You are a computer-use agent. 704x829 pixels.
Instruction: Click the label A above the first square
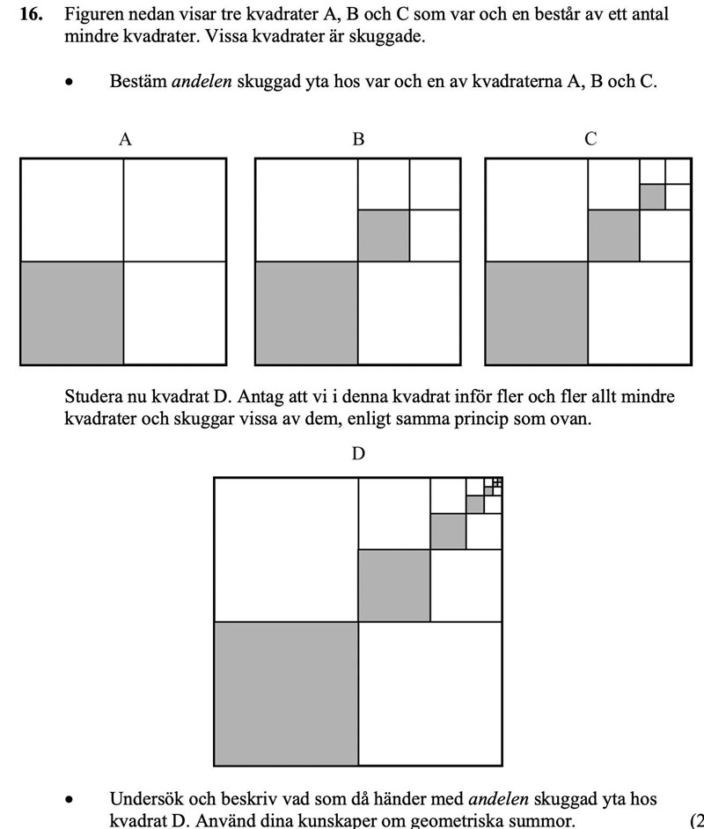(125, 139)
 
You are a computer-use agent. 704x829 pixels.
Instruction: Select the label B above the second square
(358, 139)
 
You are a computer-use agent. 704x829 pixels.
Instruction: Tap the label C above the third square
(590, 139)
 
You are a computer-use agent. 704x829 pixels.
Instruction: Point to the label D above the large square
(358, 454)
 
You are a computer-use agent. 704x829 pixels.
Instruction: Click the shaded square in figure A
(72, 312)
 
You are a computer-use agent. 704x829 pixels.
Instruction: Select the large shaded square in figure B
(306, 312)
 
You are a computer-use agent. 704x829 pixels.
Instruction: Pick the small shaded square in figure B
(384, 236)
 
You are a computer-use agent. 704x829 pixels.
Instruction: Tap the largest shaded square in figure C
(538, 312)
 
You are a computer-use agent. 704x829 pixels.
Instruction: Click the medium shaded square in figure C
(614, 236)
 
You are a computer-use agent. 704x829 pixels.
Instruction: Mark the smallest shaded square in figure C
(652, 196)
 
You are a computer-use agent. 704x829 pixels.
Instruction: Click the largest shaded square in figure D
(287, 693)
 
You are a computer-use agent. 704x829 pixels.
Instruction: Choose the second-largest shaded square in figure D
(393, 585)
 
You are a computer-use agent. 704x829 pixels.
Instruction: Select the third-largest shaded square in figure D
(448, 532)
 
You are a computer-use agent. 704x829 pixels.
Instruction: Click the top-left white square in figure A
(72, 209)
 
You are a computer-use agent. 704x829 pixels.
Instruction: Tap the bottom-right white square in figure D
(430, 693)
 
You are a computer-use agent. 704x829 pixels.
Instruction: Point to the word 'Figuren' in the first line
(93, 15)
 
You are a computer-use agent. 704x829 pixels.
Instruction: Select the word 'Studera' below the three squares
(93, 397)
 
